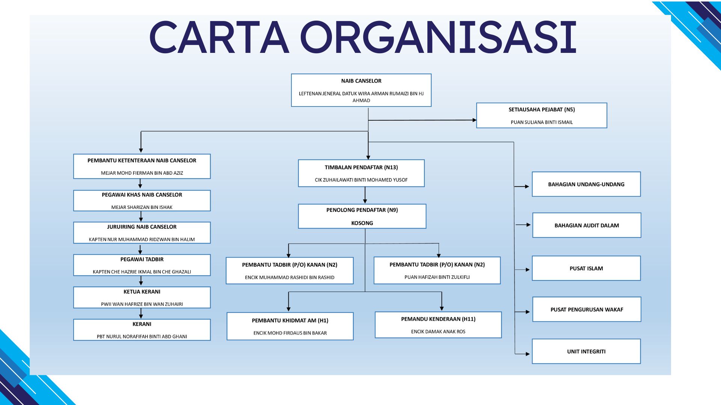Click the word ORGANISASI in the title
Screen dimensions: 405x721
pyautogui.click(x=438, y=37)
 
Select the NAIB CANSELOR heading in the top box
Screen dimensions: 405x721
pyautogui.click(x=361, y=81)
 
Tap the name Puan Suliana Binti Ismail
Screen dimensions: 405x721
pyautogui.click(x=542, y=122)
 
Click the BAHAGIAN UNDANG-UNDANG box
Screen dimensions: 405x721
pyautogui.click(x=586, y=184)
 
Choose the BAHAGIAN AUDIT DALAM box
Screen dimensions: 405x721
pyautogui.click(x=587, y=225)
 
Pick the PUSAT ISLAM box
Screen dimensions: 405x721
pyautogui.click(x=586, y=268)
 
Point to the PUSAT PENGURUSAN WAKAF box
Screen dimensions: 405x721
pyautogui.click(x=587, y=310)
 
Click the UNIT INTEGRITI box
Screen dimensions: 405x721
pyautogui.click(x=586, y=352)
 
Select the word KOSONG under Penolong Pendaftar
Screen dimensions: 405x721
pyautogui.click(x=362, y=223)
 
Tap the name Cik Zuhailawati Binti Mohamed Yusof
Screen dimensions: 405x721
pyautogui.click(x=361, y=180)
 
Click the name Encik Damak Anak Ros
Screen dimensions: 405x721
pyautogui.click(x=438, y=331)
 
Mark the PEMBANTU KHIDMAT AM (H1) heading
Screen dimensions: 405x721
pyautogui.click(x=290, y=321)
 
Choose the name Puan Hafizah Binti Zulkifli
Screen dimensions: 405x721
pyautogui.click(x=437, y=277)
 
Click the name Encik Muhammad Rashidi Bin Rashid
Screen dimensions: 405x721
pyautogui.click(x=290, y=278)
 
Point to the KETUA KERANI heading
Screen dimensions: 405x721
pyautogui.click(x=142, y=292)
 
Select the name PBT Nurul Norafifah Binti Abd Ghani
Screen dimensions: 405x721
pyautogui.click(x=142, y=337)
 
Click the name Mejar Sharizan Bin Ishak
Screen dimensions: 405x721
pyautogui.click(x=142, y=207)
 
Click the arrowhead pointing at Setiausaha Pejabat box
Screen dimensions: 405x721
pyautogui.click(x=474, y=120)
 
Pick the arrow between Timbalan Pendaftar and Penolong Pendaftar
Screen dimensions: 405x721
pyautogui.click(x=365, y=195)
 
